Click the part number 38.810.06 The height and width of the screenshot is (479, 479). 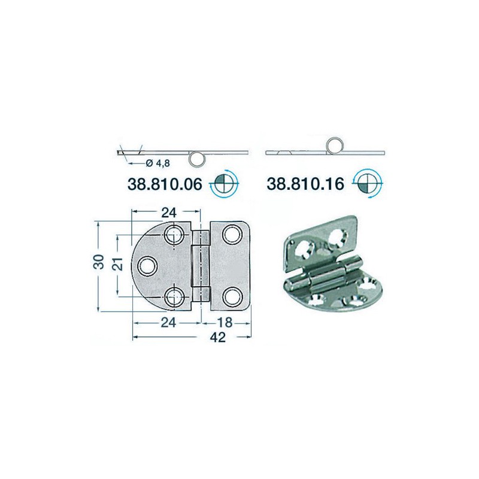[x=165, y=184]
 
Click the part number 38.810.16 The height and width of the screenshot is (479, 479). [x=305, y=184]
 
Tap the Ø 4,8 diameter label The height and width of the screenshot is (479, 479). [x=157, y=163]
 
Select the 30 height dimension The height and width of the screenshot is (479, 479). [x=99, y=262]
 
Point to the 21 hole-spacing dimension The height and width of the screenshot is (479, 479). [x=119, y=264]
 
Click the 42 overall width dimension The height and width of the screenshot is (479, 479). [x=218, y=337]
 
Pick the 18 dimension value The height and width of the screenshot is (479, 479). [x=225, y=323]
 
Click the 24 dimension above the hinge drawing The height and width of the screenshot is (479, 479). [x=169, y=213]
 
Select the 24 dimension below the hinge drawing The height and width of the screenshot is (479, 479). [x=169, y=323]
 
